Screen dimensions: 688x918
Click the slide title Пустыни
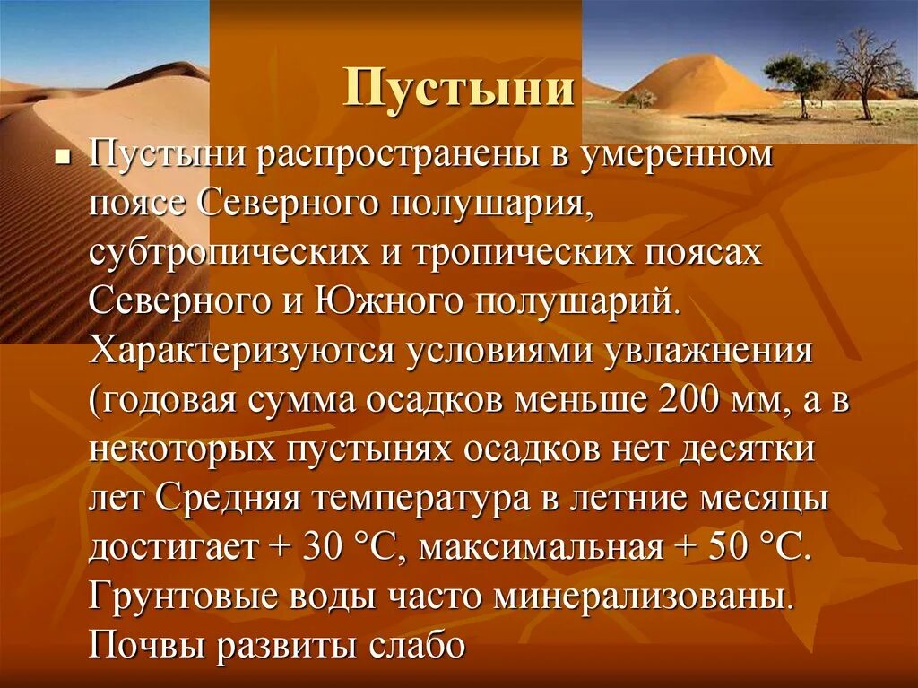pyautogui.click(x=459, y=90)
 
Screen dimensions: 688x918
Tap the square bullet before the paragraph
pyautogui.click(x=62, y=156)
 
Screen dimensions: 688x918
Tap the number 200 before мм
pyautogui.click(x=688, y=400)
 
